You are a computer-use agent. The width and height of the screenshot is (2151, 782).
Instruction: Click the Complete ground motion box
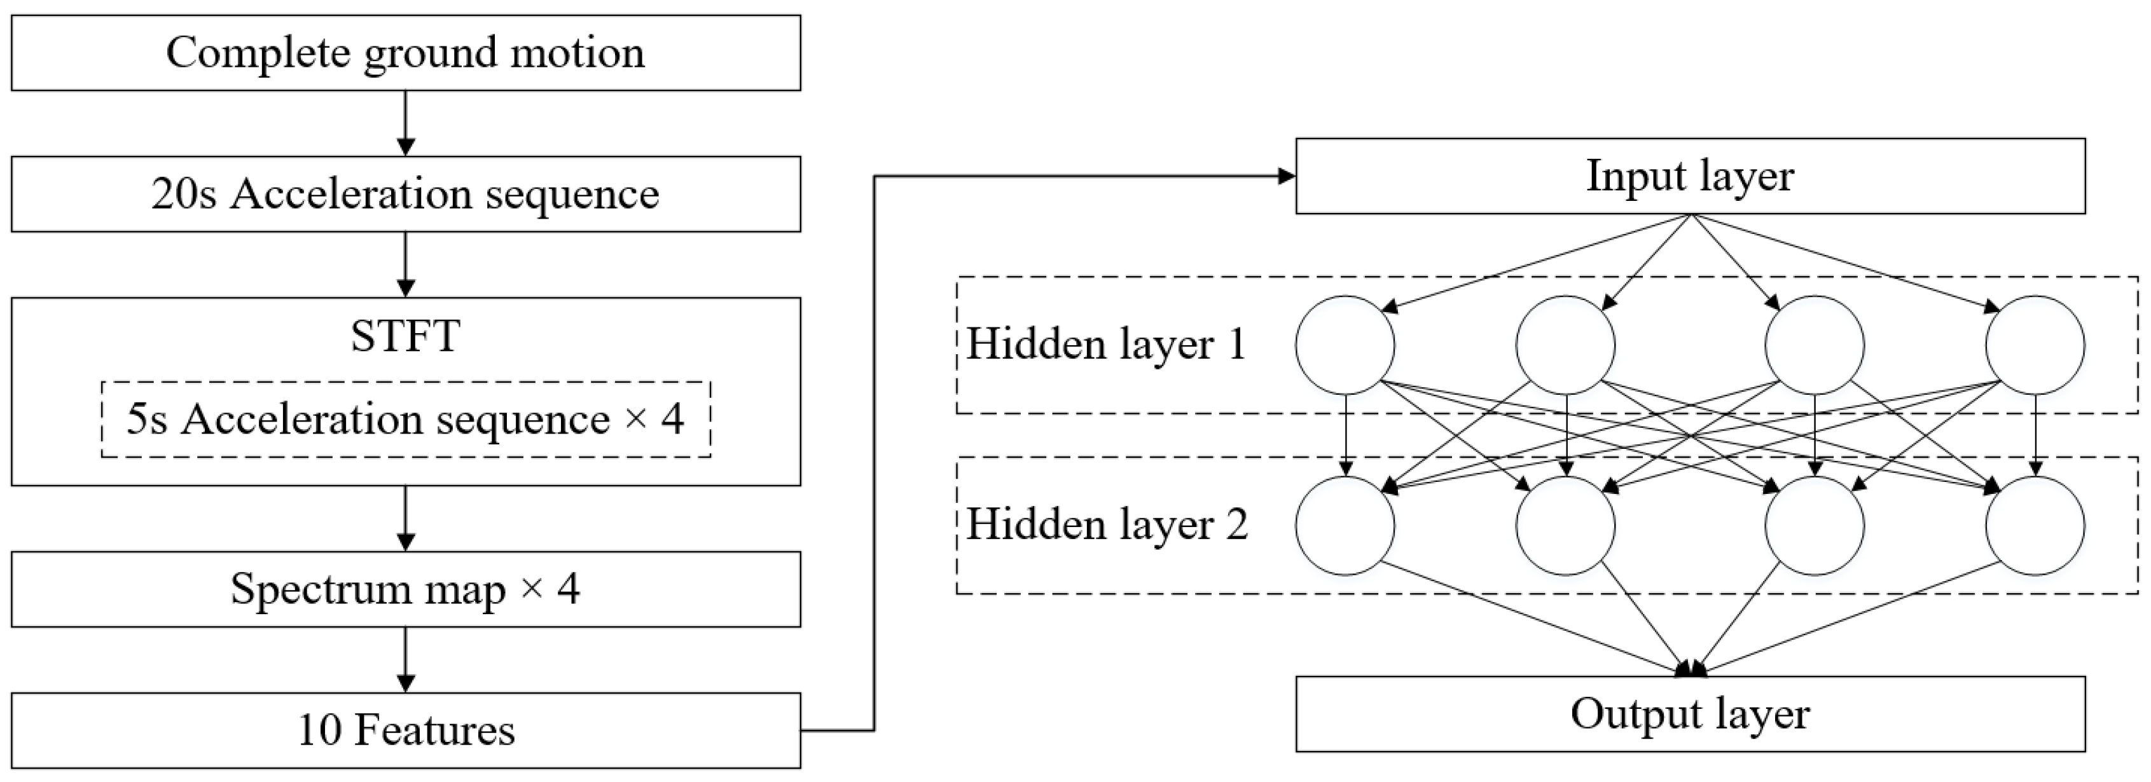tap(406, 53)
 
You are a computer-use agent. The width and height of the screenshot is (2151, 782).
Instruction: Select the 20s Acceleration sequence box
tap(406, 194)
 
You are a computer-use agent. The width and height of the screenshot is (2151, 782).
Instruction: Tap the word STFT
tap(406, 336)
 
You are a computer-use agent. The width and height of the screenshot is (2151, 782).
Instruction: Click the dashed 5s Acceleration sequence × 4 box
tap(406, 419)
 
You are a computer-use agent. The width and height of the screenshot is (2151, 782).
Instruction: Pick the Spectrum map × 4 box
tap(406, 589)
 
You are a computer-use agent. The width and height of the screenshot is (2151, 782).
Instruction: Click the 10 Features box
tap(406, 731)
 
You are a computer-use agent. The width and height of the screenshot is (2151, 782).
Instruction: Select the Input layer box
tap(1690, 176)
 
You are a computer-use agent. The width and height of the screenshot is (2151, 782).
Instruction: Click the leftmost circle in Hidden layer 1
tap(1345, 345)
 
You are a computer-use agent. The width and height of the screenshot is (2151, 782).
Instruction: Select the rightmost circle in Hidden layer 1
tap(2035, 345)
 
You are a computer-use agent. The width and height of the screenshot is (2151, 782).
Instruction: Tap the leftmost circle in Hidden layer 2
tap(1345, 526)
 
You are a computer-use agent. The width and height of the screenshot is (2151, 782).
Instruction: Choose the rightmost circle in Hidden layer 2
tap(2035, 526)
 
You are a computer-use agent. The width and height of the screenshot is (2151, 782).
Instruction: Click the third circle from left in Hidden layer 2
tap(1815, 526)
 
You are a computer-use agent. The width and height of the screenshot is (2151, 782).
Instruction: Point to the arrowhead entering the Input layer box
tap(1286, 176)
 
